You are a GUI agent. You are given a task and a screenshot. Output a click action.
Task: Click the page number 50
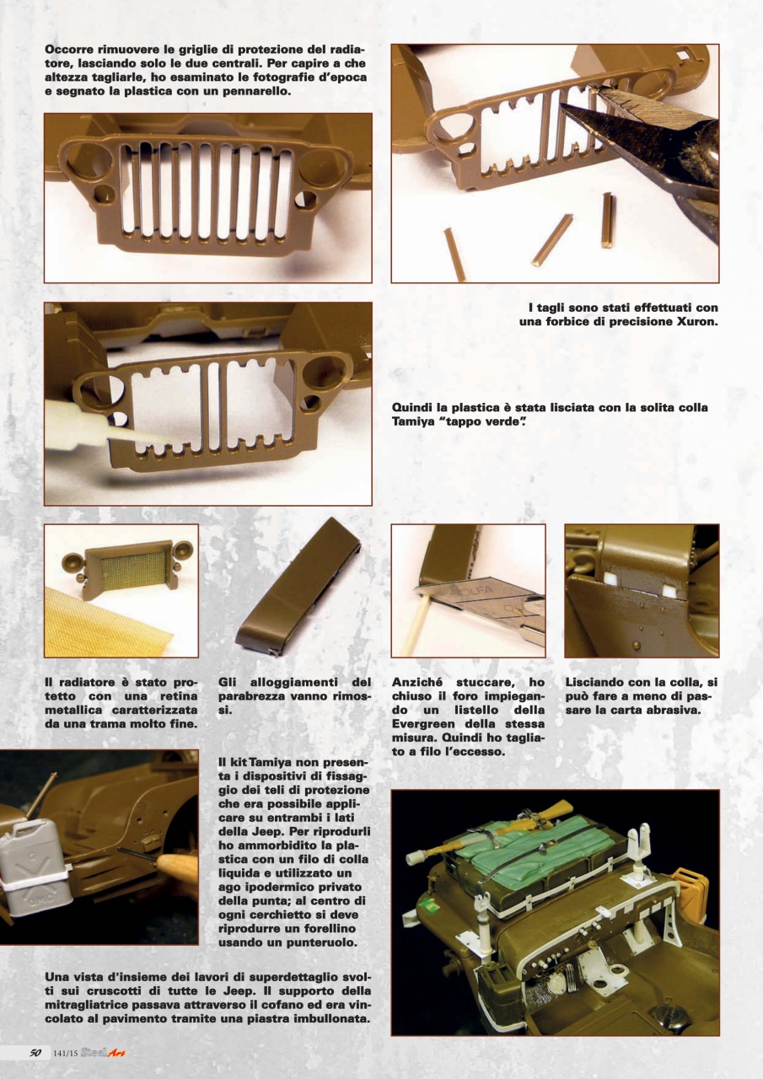[35, 1052]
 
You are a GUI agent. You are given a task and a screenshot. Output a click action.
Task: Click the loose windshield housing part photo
[295, 590]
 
